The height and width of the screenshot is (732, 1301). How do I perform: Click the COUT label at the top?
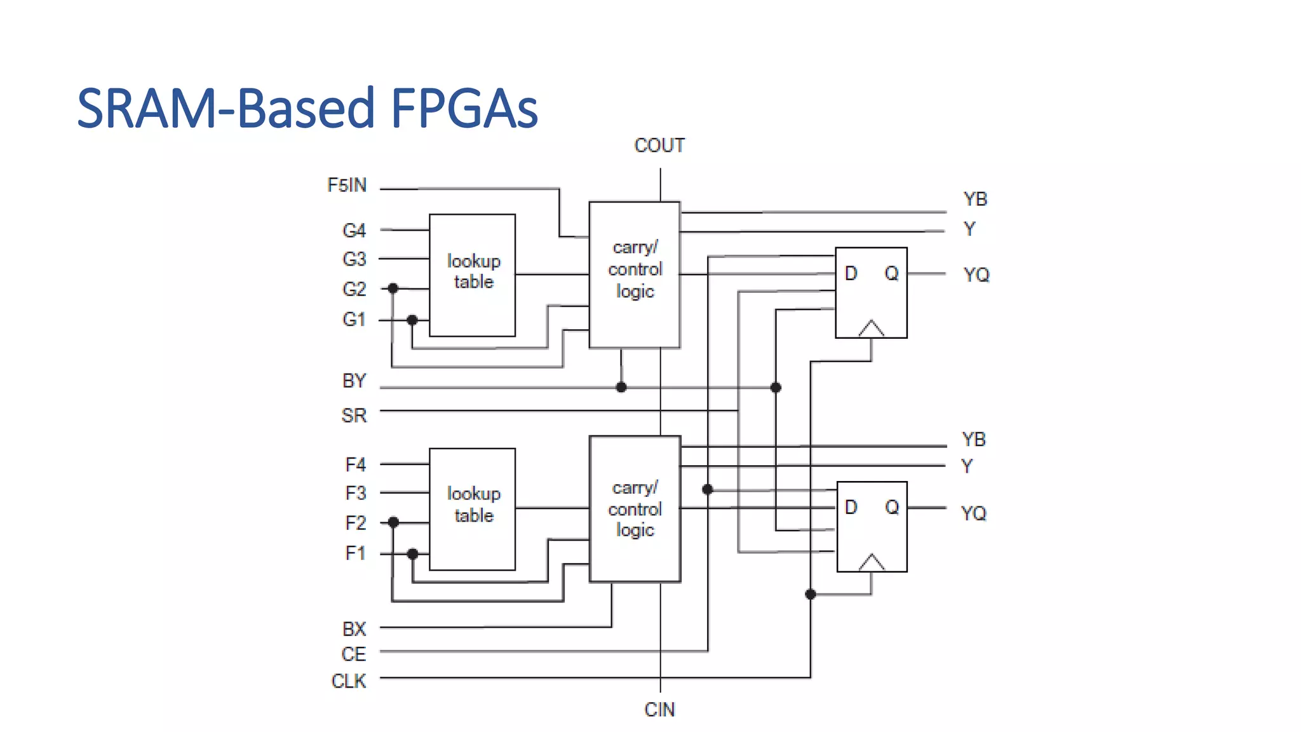click(659, 146)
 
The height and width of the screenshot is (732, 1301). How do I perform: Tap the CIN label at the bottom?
click(659, 710)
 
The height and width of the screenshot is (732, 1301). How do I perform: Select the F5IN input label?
click(347, 185)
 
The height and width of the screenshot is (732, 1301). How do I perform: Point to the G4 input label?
click(354, 231)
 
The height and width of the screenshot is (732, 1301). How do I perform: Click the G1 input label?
click(354, 319)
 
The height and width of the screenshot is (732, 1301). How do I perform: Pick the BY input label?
click(354, 381)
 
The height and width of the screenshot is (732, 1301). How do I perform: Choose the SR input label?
click(354, 416)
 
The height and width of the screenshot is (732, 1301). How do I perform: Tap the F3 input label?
click(355, 493)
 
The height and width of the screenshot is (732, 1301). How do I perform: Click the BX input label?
click(354, 629)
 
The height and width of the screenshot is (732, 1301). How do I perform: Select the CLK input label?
click(349, 681)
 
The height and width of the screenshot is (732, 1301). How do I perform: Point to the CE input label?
click(353, 654)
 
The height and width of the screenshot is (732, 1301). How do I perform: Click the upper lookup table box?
click(472, 274)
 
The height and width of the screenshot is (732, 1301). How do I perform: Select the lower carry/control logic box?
click(635, 508)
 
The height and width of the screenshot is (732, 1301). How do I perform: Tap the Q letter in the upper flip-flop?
click(891, 273)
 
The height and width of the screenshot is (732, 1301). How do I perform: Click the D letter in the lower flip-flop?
click(851, 507)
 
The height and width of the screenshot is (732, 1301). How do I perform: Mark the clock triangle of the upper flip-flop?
click(871, 329)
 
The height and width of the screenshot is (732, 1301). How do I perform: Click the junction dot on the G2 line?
click(393, 288)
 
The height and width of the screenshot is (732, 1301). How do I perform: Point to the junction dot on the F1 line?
click(412, 554)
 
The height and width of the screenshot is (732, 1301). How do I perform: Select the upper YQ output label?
click(976, 274)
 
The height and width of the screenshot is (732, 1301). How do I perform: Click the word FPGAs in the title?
click(464, 108)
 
